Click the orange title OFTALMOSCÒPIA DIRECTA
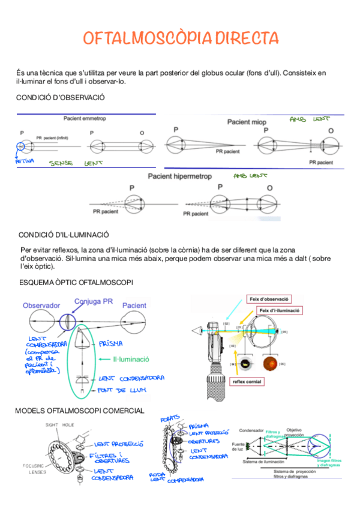click(181, 38)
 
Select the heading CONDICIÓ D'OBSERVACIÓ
click(60, 97)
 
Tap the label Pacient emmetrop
click(85, 119)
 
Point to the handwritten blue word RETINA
click(25, 161)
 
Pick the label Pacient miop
click(247, 122)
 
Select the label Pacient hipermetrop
click(181, 176)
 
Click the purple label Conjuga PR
click(94, 301)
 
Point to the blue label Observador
click(41, 306)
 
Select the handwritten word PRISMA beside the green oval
click(111, 343)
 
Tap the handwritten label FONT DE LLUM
click(124, 391)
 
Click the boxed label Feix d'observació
click(268, 298)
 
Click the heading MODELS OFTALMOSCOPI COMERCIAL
click(79, 411)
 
